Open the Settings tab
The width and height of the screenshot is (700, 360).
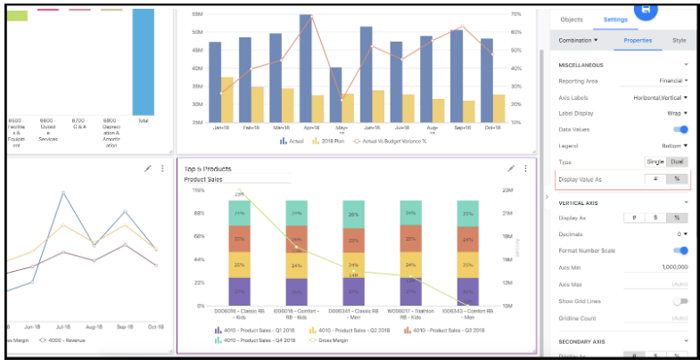point(615,20)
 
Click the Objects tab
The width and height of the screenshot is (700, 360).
point(571,20)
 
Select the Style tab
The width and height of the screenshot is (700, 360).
point(679,41)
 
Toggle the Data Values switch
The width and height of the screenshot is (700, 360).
point(680,129)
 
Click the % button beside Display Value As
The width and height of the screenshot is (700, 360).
point(677,179)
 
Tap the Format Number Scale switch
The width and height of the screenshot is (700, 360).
point(680,250)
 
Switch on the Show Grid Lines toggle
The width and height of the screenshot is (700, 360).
point(680,301)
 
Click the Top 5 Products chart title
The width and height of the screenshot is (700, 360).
point(208,168)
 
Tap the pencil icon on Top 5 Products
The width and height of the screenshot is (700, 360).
point(511,168)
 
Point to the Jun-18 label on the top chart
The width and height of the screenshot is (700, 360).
point(366,128)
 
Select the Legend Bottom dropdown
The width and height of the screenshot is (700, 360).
point(671,145)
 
